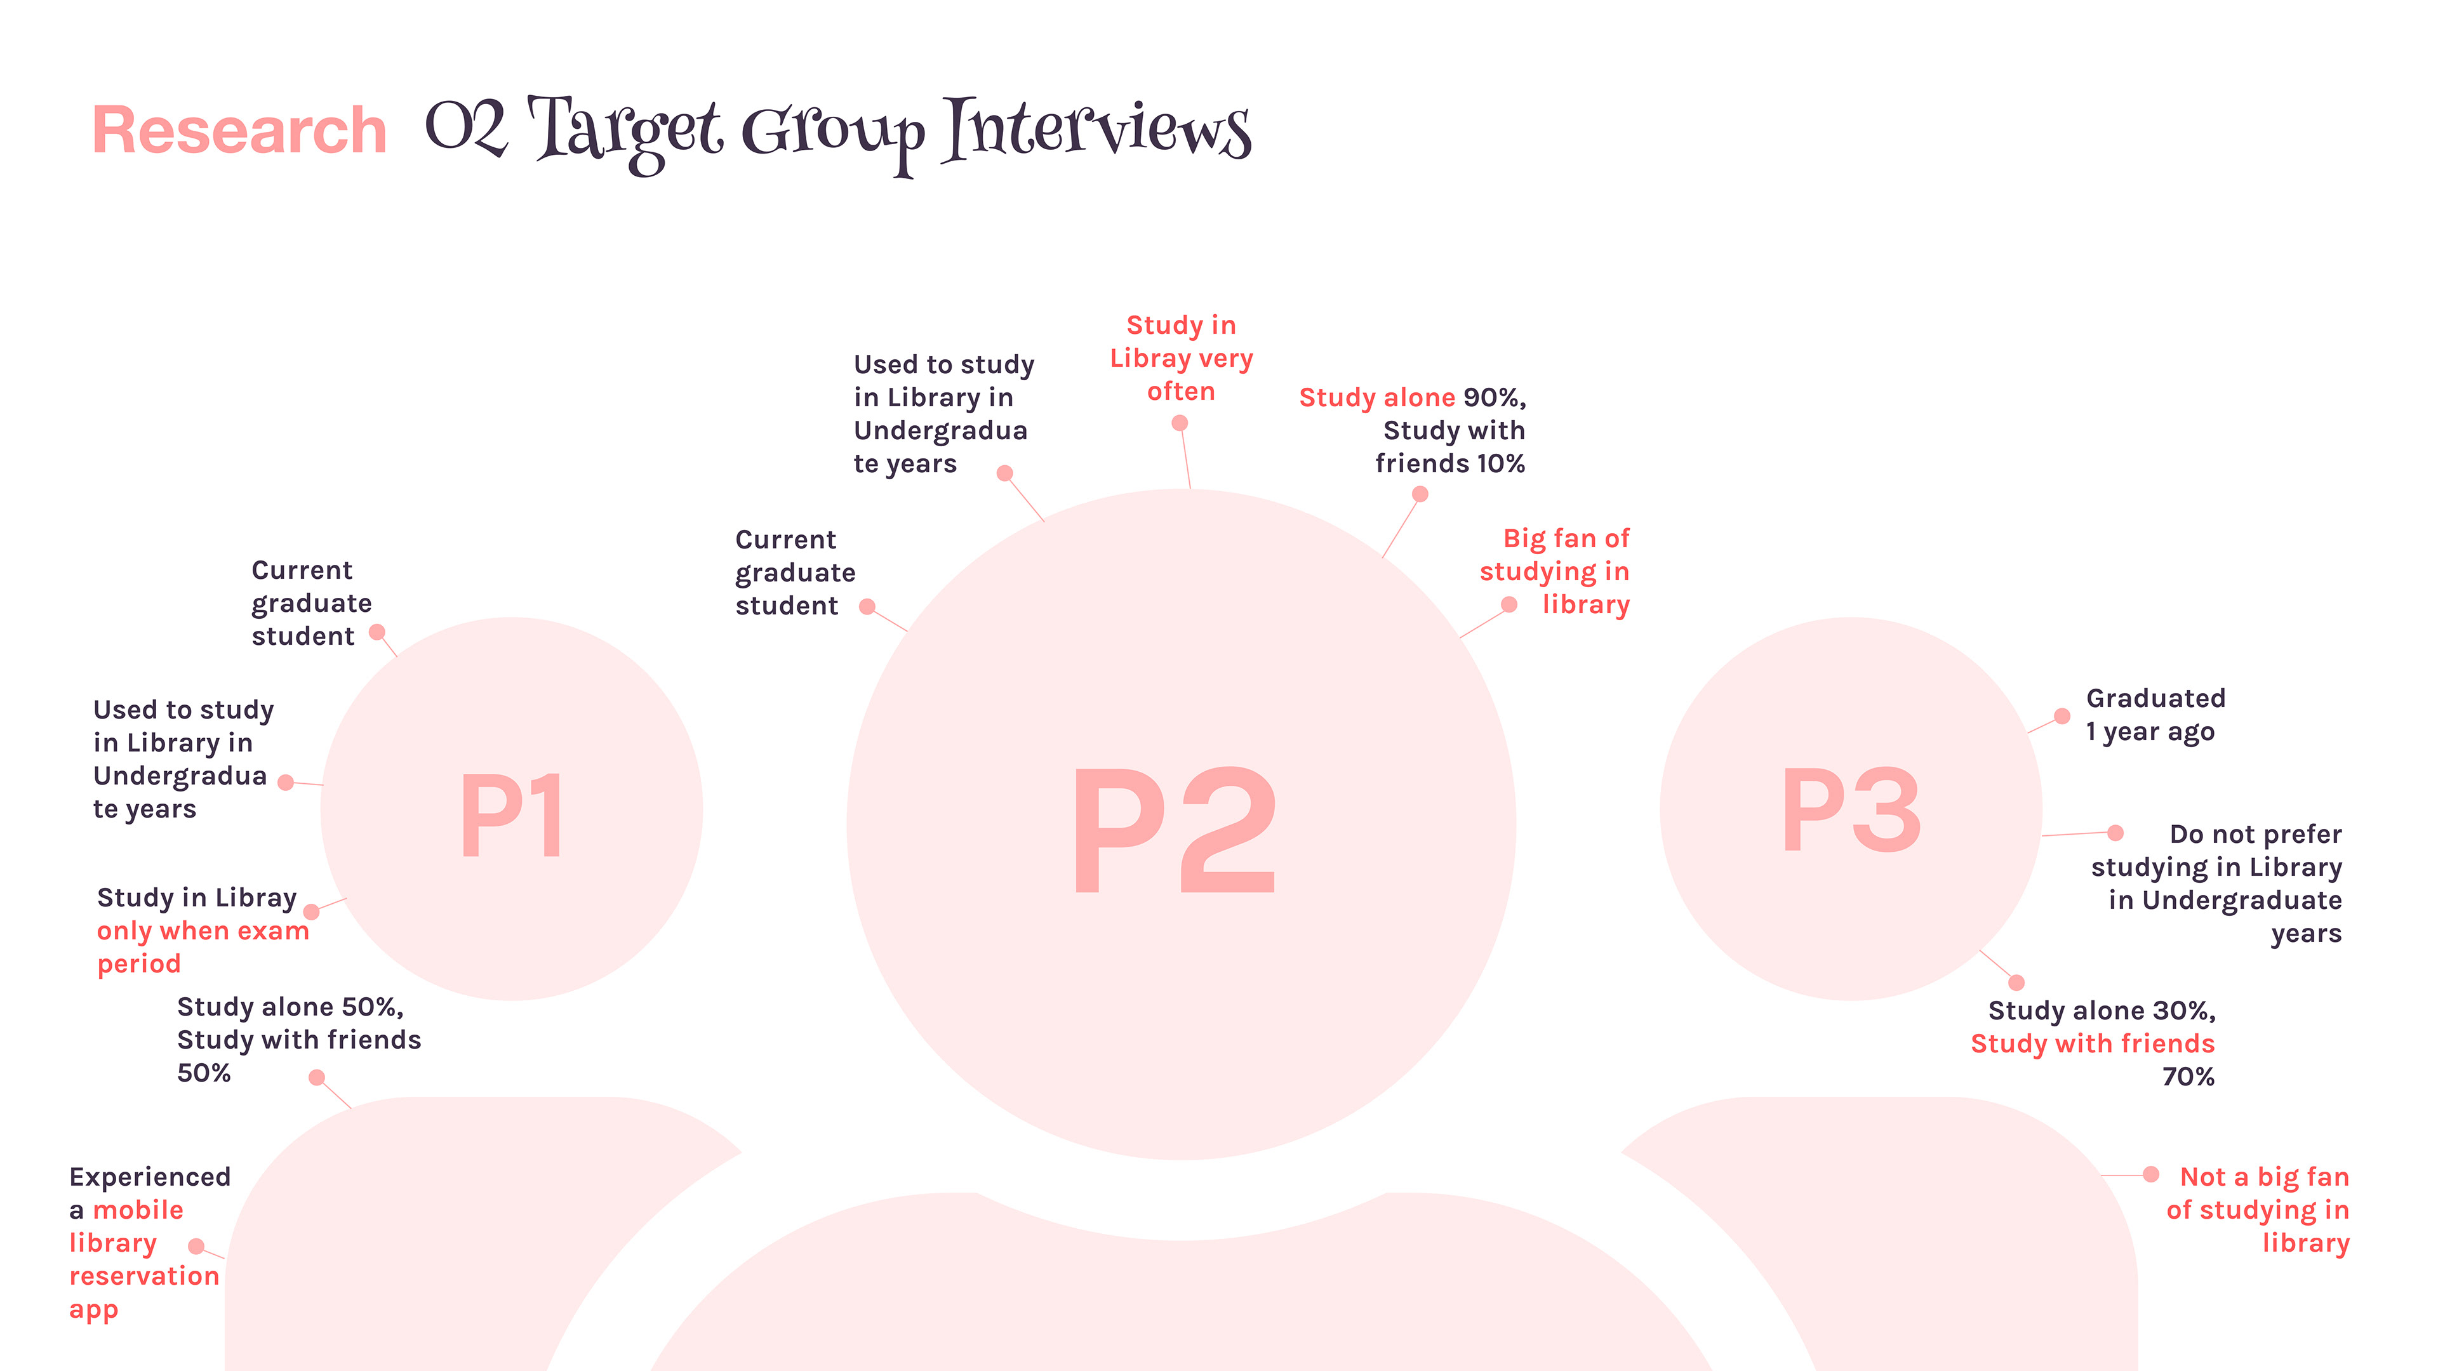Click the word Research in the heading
pyautogui.click(x=239, y=131)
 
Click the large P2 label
pyautogui.click(x=1175, y=831)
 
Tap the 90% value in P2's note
pyautogui.click(x=1493, y=397)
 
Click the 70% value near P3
pyautogui.click(x=2188, y=1076)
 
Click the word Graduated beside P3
pyautogui.click(x=2155, y=698)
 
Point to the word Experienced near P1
pyautogui.click(x=150, y=1177)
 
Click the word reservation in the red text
pyautogui.click(x=144, y=1276)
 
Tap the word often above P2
pyautogui.click(x=1180, y=392)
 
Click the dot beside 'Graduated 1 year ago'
pyautogui.click(x=2062, y=716)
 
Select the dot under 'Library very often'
pyautogui.click(x=1179, y=423)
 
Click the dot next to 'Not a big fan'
pyautogui.click(x=2150, y=1174)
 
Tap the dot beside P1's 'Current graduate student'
pyautogui.click(x=376, y=632)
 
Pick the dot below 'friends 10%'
pyautogui.click(x=1420, y=494)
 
